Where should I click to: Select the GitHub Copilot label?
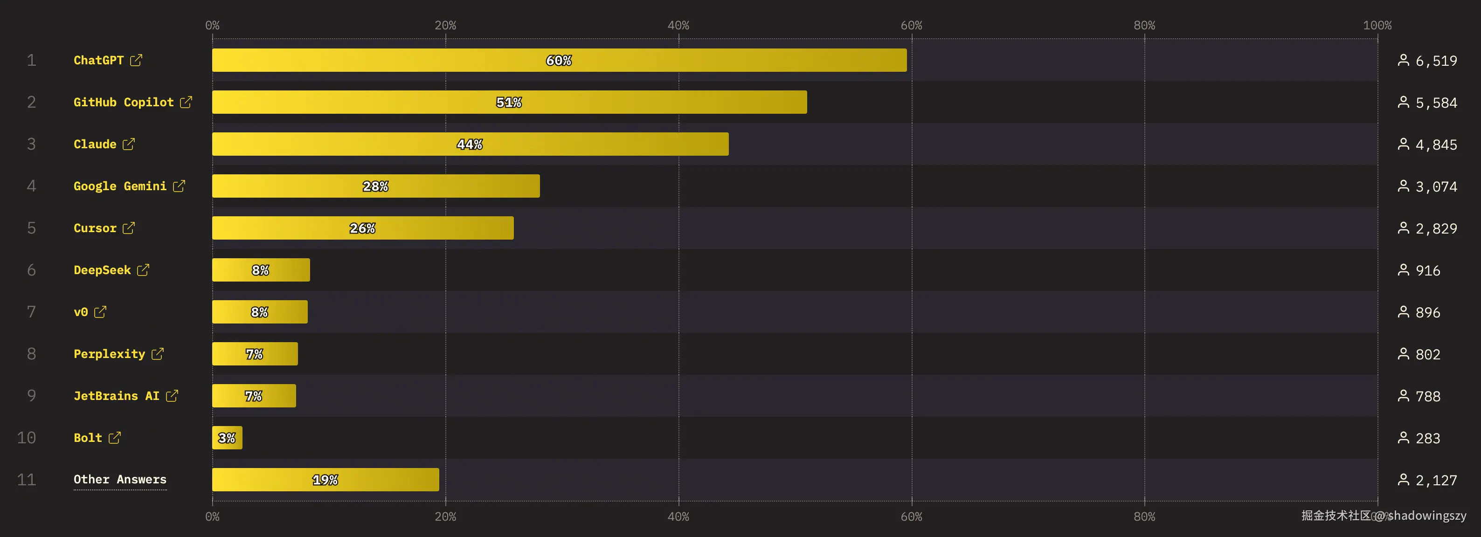(x=123, y=103)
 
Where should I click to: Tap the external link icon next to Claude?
(x=129, y=145)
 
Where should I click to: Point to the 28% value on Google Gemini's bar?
(x=375, y=186)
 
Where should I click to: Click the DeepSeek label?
(x=102, y=270)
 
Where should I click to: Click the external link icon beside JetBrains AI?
(x=172, y=396)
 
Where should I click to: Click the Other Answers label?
(x=119, y=480)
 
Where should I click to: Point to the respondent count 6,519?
(x=1436, y=61)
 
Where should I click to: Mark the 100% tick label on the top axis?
(x=1377, y=25)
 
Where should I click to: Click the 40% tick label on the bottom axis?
(x=678, y=516)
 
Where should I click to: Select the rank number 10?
(x=27, y=438)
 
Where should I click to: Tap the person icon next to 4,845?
(x=1404, y=145)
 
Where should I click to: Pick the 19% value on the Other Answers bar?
(x=325, y=480)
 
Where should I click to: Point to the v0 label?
(x=81, y=312)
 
